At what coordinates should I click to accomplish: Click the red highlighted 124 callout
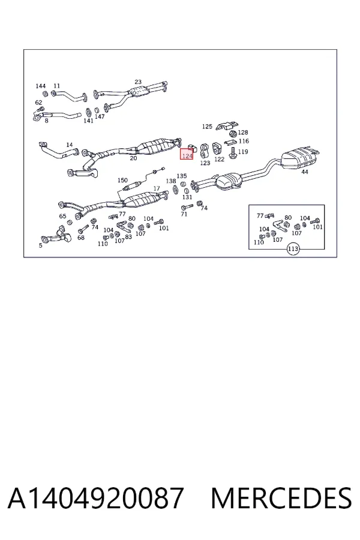point(187,154)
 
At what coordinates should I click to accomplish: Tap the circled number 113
point(293,249)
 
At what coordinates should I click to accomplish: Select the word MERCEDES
point(281,498)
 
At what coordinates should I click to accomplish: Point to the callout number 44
point(305,172)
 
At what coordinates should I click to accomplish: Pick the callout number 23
point(138,82)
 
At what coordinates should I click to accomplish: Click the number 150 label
point(122,180)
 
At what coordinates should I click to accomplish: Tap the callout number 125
point(207,127)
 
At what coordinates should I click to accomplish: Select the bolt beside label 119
point(233,152)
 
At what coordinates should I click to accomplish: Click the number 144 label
point(41,86)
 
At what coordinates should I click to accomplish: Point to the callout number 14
point(70,145)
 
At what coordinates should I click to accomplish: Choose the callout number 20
point(133,158)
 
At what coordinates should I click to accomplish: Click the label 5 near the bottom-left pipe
point(41,245)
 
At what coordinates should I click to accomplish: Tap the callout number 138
point(171,181)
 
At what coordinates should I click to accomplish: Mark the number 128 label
point(243,132)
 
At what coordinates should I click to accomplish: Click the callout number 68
point(80,238)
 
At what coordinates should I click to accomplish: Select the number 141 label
point(89,121)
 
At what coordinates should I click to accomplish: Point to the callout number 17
point(157,189)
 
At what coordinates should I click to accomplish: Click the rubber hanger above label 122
point(217,149)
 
